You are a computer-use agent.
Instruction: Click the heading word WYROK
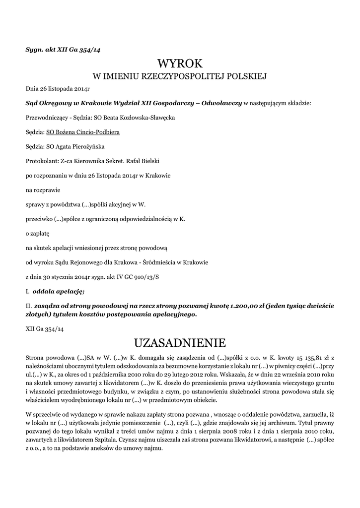pyautogui.click(x=180, y=63)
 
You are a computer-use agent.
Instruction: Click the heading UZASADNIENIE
pyautogui.click(x=180, y=343)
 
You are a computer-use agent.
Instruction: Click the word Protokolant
pyautogui.click(x=42, y=161)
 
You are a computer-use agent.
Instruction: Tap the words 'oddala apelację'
pyautogui.click(x=59, y=290)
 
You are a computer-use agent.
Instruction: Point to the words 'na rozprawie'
pyautogui.click(x=42, y=190)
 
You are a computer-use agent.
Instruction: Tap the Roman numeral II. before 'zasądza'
pyautogui.click(x=28, y=307)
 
